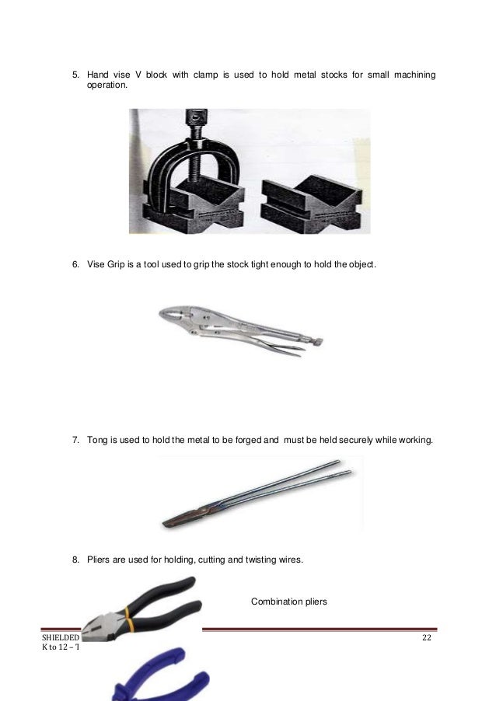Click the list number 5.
click(x=75, y=75)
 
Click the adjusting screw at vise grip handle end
click(x=316, y=340)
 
